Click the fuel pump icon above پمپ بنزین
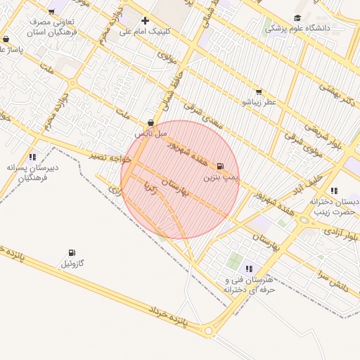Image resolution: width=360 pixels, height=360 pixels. (221, 167)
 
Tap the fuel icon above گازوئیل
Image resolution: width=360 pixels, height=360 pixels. (72, 253)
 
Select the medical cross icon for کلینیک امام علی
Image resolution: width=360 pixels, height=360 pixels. (145, 20)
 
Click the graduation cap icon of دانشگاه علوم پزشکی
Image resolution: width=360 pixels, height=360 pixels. (297, 18)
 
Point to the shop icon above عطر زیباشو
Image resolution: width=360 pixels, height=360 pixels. (259, 91)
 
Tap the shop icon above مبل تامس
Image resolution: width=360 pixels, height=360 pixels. (150, 122)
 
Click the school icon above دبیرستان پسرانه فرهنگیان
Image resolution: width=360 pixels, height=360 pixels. (32, 157)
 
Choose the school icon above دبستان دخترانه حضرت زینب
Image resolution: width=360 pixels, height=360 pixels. (333, 191)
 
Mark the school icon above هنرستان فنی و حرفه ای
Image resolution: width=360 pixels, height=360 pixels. (249, 269)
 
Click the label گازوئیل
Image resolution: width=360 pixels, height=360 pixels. (72, 264)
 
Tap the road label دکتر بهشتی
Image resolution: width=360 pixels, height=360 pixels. (337, 95)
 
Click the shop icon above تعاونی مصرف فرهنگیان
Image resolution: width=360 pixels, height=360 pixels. (53, 11)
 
